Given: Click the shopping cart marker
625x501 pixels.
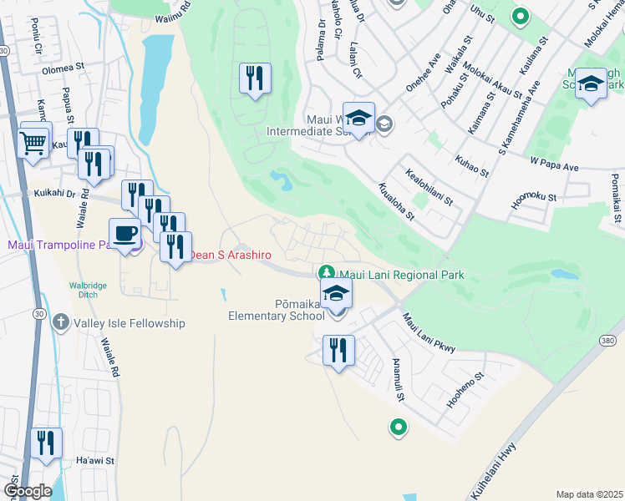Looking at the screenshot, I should (33, 143).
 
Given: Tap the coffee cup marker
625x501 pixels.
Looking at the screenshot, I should (125, 234).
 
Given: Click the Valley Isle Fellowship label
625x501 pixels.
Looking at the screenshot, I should (129, 323).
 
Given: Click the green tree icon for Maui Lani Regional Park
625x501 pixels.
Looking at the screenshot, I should (327, 273).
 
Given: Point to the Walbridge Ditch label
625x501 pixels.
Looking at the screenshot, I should (88, 291).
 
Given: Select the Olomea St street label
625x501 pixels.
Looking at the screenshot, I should (64, 64).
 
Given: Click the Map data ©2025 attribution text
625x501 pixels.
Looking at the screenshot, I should (589, 494).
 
